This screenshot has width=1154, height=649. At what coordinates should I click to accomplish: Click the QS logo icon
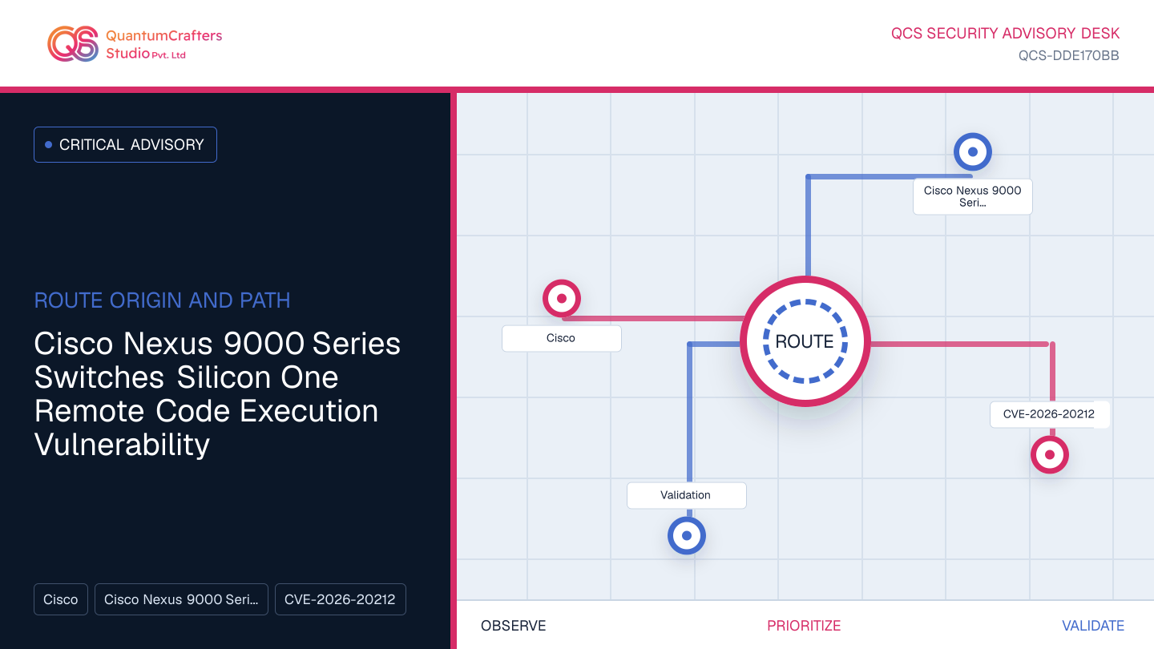73,44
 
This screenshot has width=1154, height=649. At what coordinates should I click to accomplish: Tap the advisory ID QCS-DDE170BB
1068,55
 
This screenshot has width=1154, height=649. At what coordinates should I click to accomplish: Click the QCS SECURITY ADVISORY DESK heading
1005,34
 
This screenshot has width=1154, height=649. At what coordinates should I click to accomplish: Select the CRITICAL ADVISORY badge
125,145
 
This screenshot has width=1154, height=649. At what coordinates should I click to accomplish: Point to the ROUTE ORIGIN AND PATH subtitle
162,300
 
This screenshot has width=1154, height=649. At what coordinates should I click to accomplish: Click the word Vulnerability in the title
122,445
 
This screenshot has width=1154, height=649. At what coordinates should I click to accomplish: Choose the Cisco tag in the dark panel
61,599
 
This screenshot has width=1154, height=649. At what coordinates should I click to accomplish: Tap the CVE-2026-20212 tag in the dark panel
340,599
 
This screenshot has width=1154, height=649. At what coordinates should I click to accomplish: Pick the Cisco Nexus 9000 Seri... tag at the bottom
181,599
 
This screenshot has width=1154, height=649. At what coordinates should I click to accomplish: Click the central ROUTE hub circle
805,341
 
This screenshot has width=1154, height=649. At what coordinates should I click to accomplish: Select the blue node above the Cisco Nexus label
973,152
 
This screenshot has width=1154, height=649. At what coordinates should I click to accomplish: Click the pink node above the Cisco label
562,298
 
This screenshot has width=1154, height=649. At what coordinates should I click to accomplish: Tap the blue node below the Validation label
687,536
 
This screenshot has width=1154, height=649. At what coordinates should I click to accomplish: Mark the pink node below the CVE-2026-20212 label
1050,455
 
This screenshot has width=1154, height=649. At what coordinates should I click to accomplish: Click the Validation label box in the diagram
686,495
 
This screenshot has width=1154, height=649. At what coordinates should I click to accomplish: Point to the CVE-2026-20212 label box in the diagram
1050,415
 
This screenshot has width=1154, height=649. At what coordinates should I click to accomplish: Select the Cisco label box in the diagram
562,338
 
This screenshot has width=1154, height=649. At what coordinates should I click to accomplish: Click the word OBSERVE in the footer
513,626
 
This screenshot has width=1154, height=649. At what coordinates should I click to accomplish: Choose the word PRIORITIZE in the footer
804,626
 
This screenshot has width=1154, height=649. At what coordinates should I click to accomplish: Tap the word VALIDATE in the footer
1093,626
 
